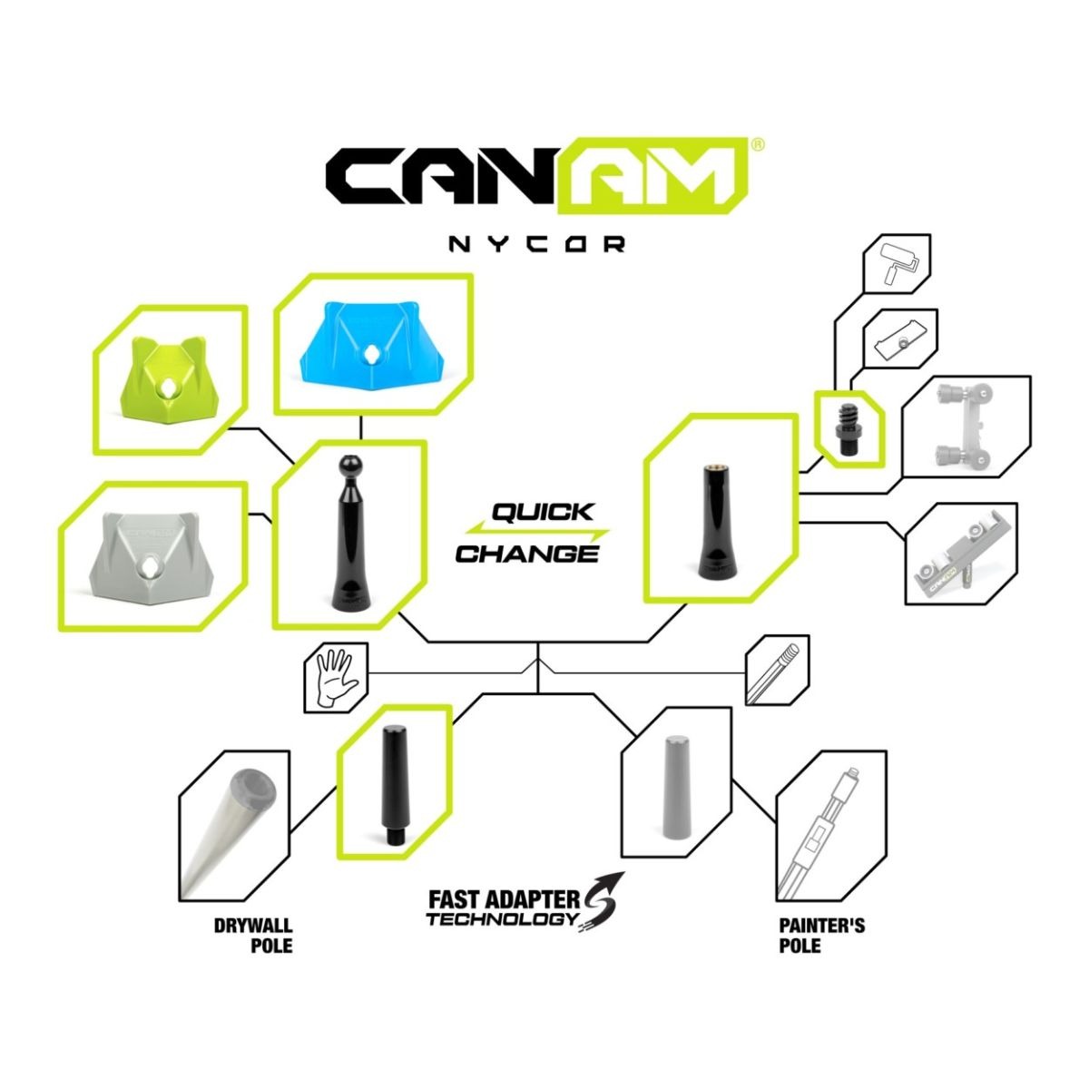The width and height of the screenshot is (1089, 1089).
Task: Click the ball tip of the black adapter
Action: pos(348,468)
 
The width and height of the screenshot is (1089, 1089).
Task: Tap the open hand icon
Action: pos(337,678)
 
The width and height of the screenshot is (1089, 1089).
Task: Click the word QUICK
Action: pos(543,512)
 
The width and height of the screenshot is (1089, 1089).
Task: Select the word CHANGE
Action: pos(526,554)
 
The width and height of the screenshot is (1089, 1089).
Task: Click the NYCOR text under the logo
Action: pos(537,244)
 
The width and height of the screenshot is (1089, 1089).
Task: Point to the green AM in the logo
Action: pos(653,176)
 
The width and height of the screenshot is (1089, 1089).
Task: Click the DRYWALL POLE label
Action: pos(253,936)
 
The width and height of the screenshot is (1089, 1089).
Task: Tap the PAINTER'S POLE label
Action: pos(821,936)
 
